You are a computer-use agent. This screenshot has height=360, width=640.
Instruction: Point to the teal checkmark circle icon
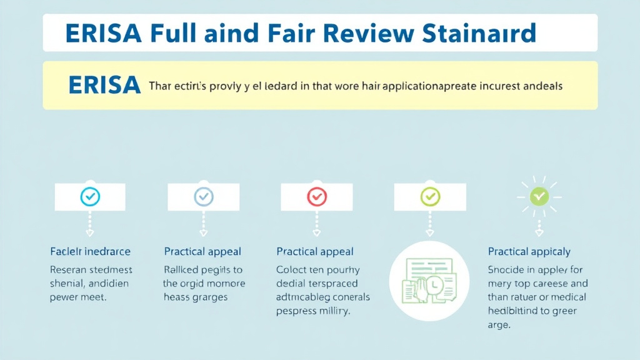pyautogui.click(x=91, y=197)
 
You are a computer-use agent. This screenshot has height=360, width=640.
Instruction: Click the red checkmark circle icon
pyautogui.click(x=316, y=197)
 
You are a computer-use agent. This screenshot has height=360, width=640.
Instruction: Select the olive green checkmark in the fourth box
pyautogui.click(x=430, y=197)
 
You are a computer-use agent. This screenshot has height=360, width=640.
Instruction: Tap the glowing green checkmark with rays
pyautogui.click(x=539, y=197)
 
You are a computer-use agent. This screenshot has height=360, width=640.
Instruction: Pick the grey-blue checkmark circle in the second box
pyautogui.click(x=204, y=197)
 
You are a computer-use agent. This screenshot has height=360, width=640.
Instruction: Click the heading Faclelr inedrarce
pyautogui.click(x=90, y=251)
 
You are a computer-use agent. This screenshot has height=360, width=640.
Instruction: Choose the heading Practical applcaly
pyautogui.click(x=529, y=252)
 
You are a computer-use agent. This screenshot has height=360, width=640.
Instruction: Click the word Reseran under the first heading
pyautogui.click(x=69, y=270)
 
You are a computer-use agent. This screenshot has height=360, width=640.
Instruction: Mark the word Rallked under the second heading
pyautogui.click(x=181, y=270)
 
